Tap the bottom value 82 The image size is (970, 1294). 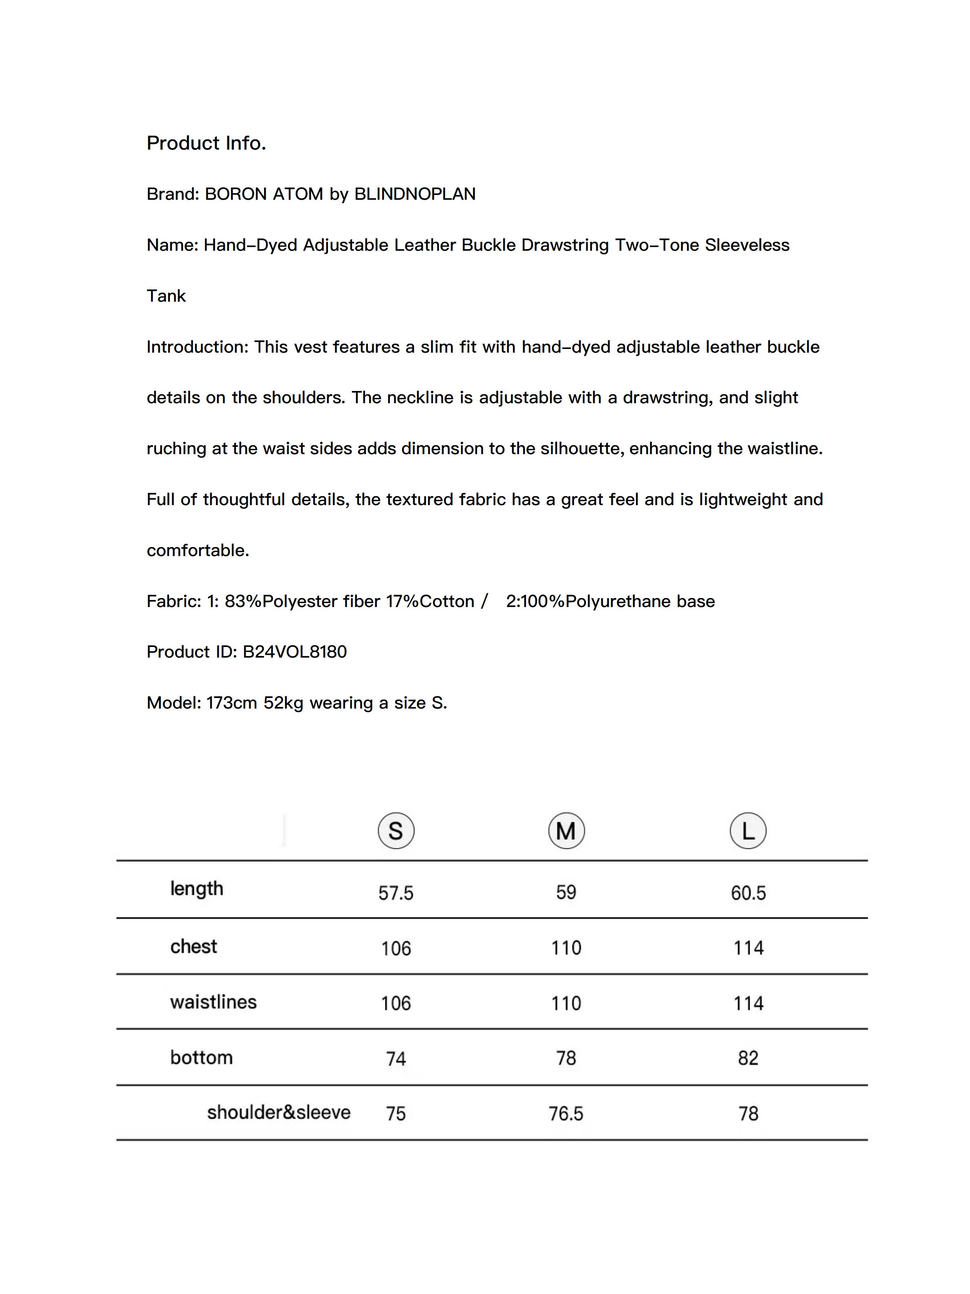point(748,1058)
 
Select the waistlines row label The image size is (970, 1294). point(213,1002)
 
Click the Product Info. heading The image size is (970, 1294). point(207,143)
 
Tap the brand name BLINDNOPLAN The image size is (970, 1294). point(415,194)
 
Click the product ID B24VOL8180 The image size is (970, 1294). point(295,651)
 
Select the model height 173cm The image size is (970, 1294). point(231,702)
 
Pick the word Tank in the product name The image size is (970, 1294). point(166,296)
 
